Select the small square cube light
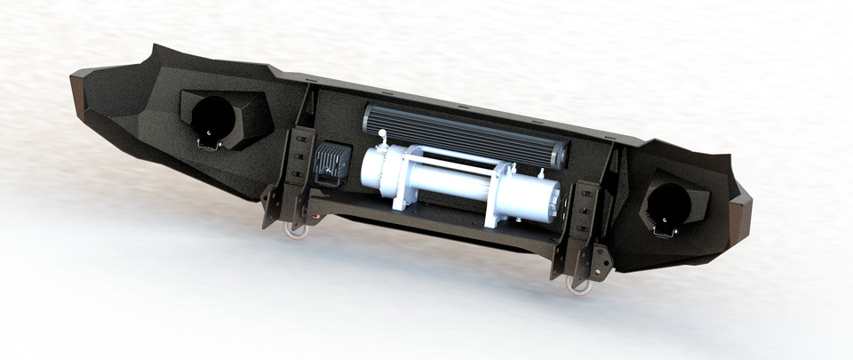tap(331, 163)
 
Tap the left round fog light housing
tap(214, 117)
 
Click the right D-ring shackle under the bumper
tap(578, 284)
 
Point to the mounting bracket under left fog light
tap(207, 142)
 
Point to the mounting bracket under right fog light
tap(663, 230)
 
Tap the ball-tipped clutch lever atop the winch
tap(382, 135)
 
